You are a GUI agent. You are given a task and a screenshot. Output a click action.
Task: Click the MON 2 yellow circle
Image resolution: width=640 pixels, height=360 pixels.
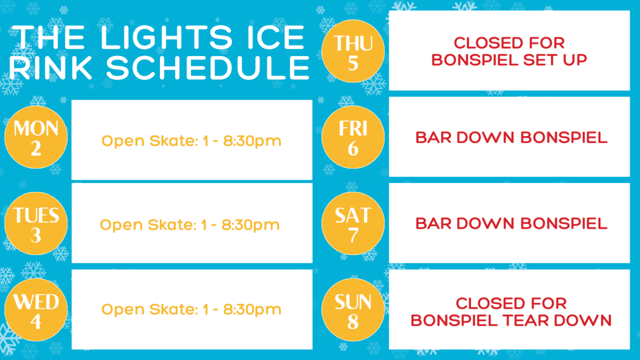tap(36, 137)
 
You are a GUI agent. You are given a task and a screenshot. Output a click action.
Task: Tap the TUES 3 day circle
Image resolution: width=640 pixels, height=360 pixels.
tap(36, 223)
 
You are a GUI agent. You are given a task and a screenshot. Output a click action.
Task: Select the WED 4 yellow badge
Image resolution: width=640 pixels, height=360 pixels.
tap(36, 310)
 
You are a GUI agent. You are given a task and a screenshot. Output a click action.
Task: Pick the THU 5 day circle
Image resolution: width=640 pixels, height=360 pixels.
tap(353, 51)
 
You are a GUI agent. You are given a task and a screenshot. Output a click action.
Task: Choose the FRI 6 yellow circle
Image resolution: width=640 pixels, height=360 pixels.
tap(353, 137)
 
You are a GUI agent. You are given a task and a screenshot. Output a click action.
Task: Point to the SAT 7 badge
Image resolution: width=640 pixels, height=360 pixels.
tap(353, 223)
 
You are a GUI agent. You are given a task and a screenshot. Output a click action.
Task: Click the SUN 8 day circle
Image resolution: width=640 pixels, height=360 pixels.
tap(353, 310)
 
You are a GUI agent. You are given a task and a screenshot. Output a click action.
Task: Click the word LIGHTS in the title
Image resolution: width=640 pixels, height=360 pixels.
tap(166, 37)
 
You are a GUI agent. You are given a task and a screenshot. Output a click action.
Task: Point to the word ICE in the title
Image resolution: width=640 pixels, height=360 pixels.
tap(276, 37)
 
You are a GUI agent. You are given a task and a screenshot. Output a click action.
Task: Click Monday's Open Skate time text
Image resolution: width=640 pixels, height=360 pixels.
tap(191, 141)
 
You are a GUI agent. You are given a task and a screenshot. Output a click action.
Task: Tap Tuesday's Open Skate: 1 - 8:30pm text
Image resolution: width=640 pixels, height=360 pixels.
tap(190, 225)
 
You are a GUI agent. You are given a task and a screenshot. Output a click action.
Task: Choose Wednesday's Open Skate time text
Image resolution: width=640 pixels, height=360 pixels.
tap(191, 310)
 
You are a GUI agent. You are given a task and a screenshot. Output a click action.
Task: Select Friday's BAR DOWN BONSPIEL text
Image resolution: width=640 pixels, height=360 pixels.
tap(511, 138)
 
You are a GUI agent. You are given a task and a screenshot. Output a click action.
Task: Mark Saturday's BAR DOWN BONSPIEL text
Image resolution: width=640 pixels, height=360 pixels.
tap(511, 223)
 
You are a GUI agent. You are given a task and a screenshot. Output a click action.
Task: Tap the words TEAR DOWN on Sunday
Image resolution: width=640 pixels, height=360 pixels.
tap(557, 321)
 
